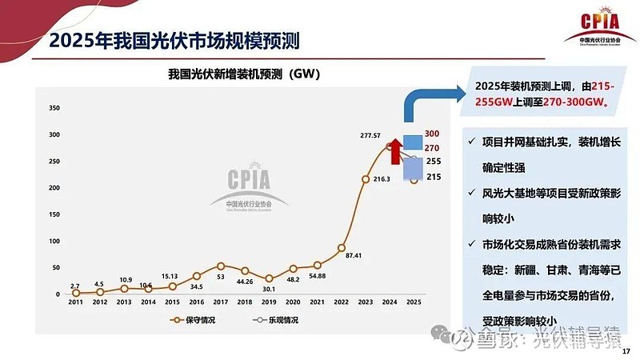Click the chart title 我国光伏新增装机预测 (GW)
click(x=244, y=74)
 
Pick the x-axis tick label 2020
click(x=293, y=302)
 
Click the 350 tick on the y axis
click(x=54, y=107)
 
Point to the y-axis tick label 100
click(x=54, y=241)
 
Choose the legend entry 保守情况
click(x=194, y=320)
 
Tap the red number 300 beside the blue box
click(x=432, y=134)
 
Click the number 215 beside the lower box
click(x=433, y=177)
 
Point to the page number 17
click(x=626, y=349)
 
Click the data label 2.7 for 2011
click(x=74, y=286)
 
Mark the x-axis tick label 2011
click(x=75, y=302)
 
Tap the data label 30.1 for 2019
click(x=269, y=289)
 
